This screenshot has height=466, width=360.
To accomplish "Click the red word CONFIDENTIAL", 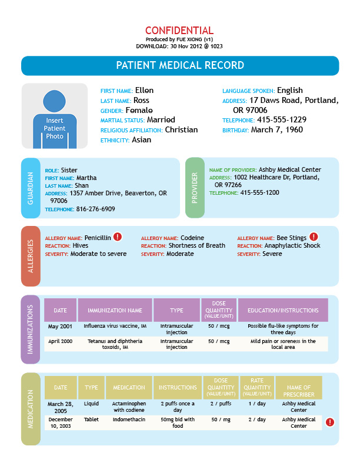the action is (179, 31).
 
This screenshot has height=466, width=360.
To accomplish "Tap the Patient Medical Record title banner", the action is (180, 65).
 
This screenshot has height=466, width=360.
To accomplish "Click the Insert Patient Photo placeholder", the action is (55, 116).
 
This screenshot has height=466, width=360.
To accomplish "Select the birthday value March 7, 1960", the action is (277, 130).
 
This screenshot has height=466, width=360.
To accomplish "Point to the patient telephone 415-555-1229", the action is (282, 120).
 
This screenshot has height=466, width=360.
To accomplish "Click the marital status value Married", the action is (161, 120).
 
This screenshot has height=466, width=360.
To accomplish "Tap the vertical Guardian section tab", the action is (31, 189).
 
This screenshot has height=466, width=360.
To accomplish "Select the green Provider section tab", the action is (195, 189).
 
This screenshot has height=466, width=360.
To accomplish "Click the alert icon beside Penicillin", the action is (118, 237).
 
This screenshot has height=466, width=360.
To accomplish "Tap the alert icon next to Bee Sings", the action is (314, 237).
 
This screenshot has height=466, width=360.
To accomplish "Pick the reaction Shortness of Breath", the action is (196, 245).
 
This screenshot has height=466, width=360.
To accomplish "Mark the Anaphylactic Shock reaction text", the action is (292, 245).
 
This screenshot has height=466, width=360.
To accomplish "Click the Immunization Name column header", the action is (115, 310).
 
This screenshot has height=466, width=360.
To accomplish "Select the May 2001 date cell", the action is (61, 326).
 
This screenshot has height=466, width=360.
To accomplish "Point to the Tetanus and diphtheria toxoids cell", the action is (115, 344).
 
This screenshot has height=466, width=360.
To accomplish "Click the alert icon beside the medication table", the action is (330, 422).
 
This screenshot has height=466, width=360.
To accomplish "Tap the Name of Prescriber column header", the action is (299, 391).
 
